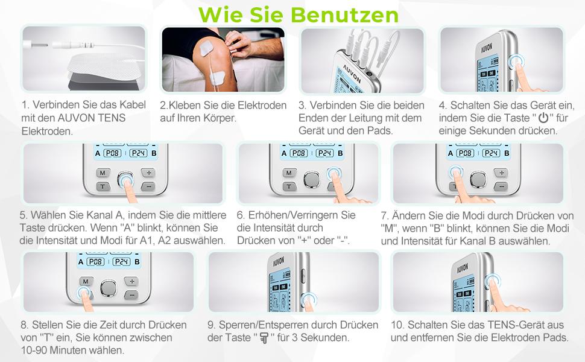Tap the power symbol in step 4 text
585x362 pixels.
point(543,118)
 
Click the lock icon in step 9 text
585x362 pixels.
point(264,338)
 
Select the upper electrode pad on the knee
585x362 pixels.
point(206,48)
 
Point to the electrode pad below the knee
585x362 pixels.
point(218,77)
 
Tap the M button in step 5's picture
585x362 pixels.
point(103,173)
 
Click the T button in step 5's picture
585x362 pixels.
point(103,186)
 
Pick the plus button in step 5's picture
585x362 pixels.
point(148,173)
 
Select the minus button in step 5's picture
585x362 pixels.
point(148,186)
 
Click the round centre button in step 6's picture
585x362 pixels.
point(312,180)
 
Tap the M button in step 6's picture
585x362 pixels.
point(289,173)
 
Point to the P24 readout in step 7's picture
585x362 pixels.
point(491,153)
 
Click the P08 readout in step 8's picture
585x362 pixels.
point(96,262)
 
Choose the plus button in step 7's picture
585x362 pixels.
point(501,173)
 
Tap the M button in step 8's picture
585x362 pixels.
point(86,281)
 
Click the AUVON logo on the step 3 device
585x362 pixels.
point(352,75)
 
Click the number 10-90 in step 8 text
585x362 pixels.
point(34,351)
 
